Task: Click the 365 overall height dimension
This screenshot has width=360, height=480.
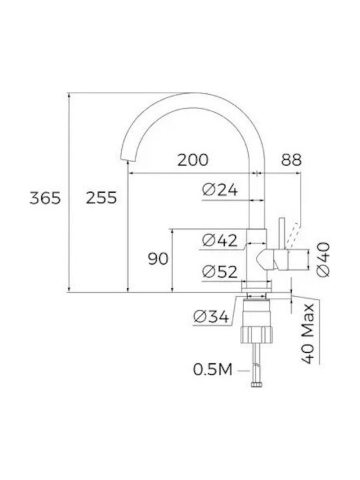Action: point(45,198)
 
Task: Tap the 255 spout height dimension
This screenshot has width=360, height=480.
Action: point(101,198)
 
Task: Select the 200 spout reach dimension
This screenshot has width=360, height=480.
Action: point(193,160)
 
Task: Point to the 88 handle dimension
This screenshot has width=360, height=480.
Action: point(291,160)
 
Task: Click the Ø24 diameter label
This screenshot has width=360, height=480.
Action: point(220,190)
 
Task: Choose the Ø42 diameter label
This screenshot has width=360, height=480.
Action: point(220,240)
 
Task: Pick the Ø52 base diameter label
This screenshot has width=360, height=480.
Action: point(220,271)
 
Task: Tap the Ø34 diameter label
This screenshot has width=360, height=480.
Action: point(211,317)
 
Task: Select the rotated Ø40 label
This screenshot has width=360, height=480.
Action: point(323,259)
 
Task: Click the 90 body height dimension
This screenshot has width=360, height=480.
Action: point(158,259)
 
